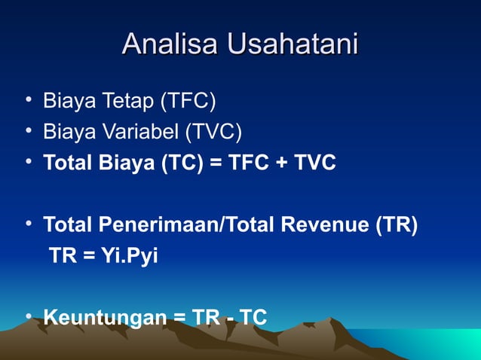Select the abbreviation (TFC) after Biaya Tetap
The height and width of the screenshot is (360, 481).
coord(188,101)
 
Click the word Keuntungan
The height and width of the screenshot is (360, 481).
coord(105,318)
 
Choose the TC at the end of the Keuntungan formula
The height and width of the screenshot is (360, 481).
coord(253,318)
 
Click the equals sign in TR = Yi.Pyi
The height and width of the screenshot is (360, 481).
coord(87,257)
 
